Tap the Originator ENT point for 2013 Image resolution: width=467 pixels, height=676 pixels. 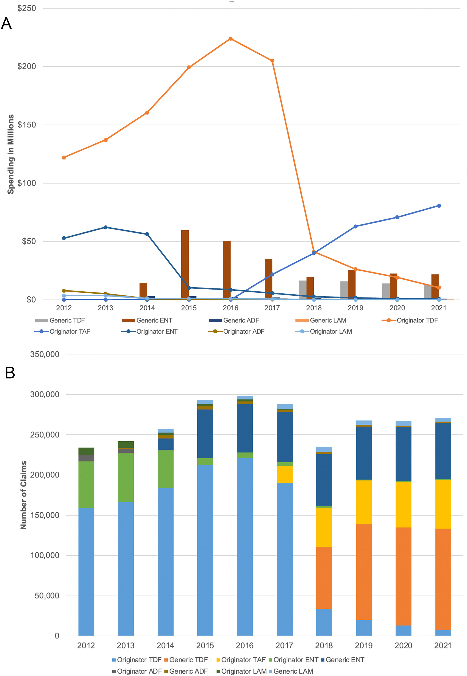(106, 227)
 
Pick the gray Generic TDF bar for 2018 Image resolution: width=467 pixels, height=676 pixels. (303, 290)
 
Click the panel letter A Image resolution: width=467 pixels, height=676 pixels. (6, 23)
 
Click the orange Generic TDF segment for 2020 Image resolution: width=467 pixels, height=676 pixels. (403, 577)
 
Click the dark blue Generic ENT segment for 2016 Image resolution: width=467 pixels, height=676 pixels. (245, 428)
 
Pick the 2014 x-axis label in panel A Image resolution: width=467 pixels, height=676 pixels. (147, 308)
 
